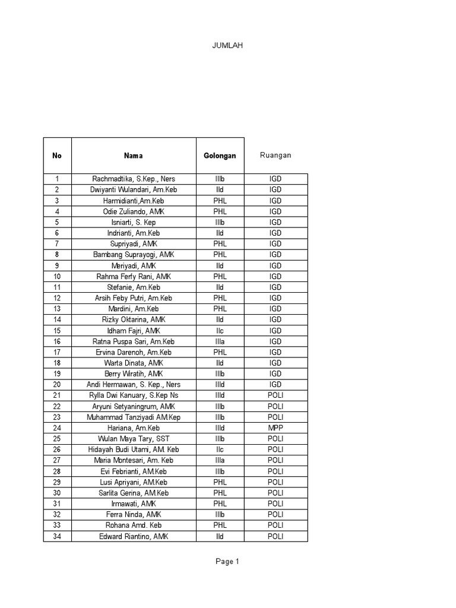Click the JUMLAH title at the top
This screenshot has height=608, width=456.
[x=227, y=46]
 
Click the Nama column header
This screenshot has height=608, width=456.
[x=134, y=156]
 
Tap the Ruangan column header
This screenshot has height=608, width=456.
[x=275, y=156]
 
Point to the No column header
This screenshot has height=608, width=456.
[x=57, y=156]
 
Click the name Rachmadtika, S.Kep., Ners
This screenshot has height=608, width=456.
[x=134, y=179]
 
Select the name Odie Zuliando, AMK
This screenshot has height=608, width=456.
[x=134, y=211]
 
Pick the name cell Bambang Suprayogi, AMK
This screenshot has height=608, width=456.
[x=134, y=255]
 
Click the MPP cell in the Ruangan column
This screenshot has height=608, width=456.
[x=275, y=428]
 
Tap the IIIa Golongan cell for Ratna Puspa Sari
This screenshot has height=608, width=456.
[x=220, y=341]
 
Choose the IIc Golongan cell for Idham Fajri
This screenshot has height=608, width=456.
[x=220, y=331]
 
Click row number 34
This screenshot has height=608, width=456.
[x=57, y=537]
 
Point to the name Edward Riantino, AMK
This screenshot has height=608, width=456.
[x=134, y=537]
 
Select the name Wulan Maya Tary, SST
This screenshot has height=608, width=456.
[x=134, y=439]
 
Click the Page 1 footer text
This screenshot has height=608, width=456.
[x=227, y=562]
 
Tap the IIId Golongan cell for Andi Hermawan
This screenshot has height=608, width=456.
[x=220, y=385]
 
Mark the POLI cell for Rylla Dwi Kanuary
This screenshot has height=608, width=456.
[x=275, y=395]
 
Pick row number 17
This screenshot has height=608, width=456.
[x=57, y=352]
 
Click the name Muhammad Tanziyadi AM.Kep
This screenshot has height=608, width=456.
[x=134, y=417]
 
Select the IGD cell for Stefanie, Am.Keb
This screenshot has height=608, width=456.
[x=275, y=287]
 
